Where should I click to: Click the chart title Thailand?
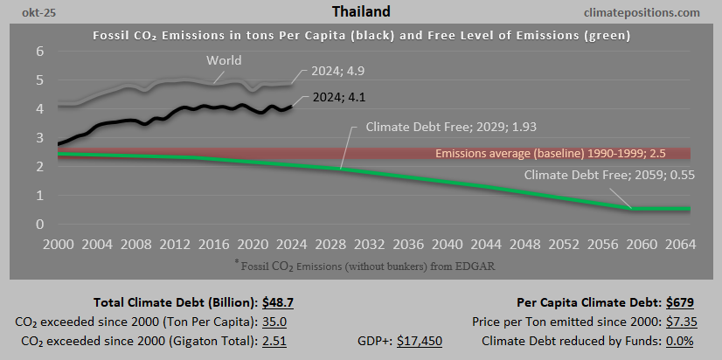pyautogui.click(x=360, y=12)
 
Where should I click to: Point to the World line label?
pyautogui.click(x=224, y=60)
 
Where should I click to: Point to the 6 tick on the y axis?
pyautogui.click(x=39, y=52)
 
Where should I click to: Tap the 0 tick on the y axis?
pyautogui.click(x=39, y=225)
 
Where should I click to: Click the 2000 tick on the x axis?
pyautogui.click(x=59, y=244)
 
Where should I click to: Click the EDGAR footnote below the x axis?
pyautogui.click(x=361, y=263)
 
